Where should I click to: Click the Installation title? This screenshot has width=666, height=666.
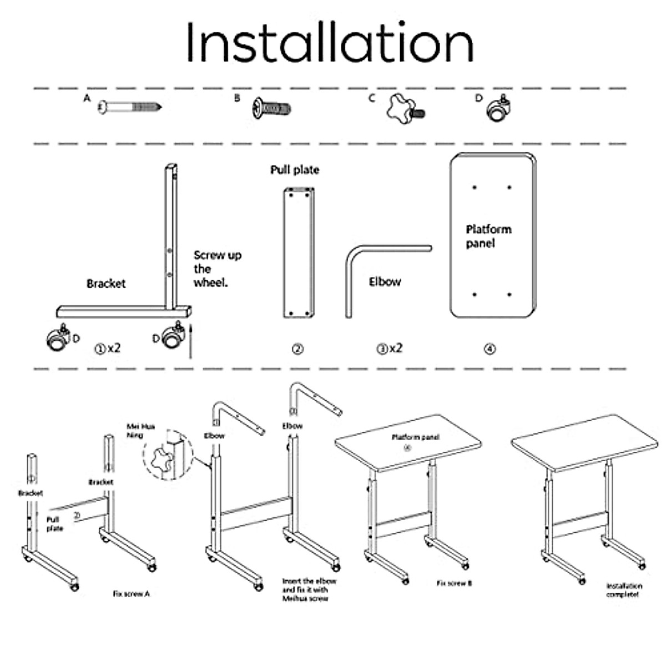(330, 43)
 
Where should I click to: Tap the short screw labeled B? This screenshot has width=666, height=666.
(272, 108)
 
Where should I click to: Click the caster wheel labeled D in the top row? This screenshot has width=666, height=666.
(498, 109)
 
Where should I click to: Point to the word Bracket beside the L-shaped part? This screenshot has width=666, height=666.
(106, 284)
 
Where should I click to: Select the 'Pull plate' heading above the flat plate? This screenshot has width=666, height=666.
(295, 170)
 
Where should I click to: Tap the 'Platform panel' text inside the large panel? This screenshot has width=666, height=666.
(488, 236)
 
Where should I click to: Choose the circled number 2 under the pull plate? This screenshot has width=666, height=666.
(298, 349)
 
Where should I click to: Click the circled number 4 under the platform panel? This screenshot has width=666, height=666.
(490, 349)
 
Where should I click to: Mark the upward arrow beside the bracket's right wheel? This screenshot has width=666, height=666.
(190, 341)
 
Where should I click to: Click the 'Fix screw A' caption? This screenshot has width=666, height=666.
(131, 594)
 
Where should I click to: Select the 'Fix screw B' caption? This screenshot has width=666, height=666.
(454, 583)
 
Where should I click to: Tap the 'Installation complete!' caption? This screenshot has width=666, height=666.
(624, 590)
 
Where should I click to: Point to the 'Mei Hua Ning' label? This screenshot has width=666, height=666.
(141, 431)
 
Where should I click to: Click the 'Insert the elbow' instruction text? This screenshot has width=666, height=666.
(309, 589)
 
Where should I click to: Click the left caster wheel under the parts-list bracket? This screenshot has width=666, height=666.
(58, 339)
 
